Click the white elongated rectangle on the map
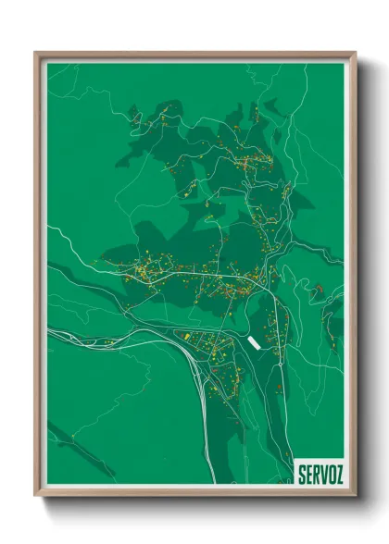coord(254,343)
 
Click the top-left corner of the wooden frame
coord(36,54)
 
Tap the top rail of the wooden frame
coord(194,54)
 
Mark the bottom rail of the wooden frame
coord(194,493)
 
